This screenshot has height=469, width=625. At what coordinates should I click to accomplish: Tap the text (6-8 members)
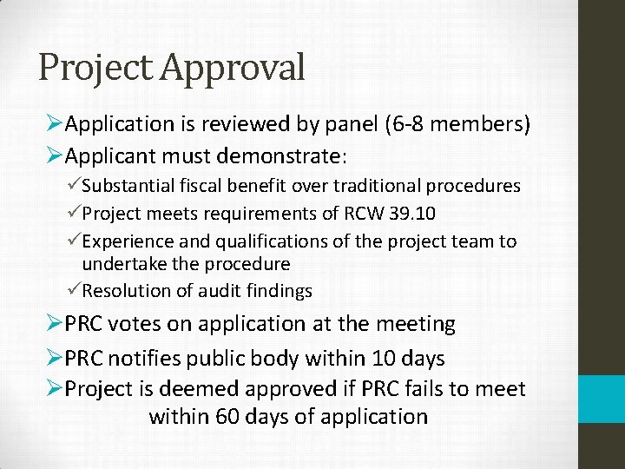coord(453,125)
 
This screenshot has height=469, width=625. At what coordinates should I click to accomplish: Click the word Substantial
coord(132,186)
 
